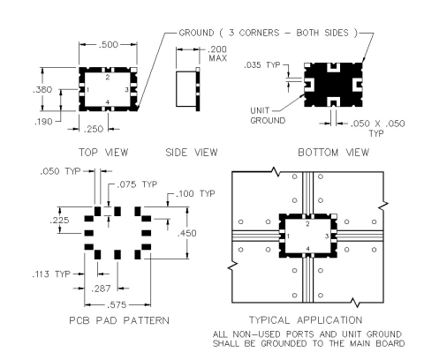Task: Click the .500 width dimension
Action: pyautogui.click(x=108, y=45)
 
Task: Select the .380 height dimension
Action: pyautogui.click(x=42, y=90)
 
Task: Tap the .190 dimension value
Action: pyautogui.click(x=43, y=122)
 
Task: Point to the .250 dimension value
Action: pyautogui.click(x=94, y=129)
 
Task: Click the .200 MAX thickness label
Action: pyautogui.click(x=217, y=54)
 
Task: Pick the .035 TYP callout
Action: pyautogui.click(x=262, y=65)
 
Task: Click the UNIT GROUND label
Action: pyautogui.click(x=268, y=116)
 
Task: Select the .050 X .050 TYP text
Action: pyautogui.click(x=377, y=128)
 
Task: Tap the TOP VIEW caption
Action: pyautogui.click(x=103, y=153)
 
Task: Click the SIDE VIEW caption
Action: pyautogui.click(x=192, y=153)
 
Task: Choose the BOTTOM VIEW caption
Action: pyautogui.click(x=333, y=153)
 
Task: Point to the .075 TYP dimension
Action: pyautogui.click(x=137, y=184)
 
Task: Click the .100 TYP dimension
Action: pyautogui.click(x=195, y=194)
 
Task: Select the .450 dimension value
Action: pyautogui.click(x=187, y=233)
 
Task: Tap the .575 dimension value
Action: pyautogui.click(x=117, y=305)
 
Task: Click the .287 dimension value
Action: pyautogui.click(x=101, y=289)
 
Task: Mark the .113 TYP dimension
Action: pyautogui.click(x=51, y=274)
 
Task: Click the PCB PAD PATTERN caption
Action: pyautogui.click(x=119, y=320)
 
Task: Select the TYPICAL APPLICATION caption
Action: pyautogui.click(x=306, y=320)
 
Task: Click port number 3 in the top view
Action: pyautogui.click(x=126, y=90)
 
